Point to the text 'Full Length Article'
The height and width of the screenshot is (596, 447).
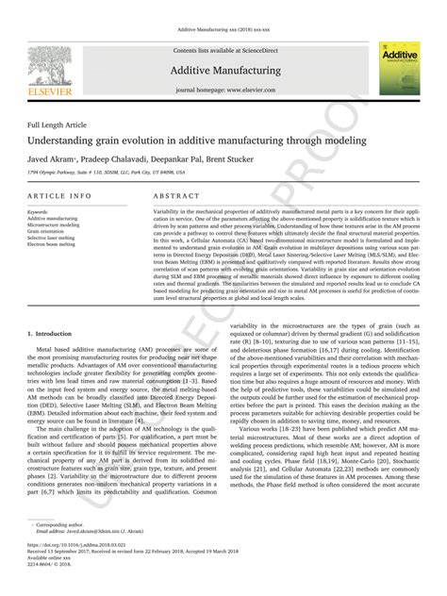point(58,124)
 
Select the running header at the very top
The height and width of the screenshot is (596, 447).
point(223,8)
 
